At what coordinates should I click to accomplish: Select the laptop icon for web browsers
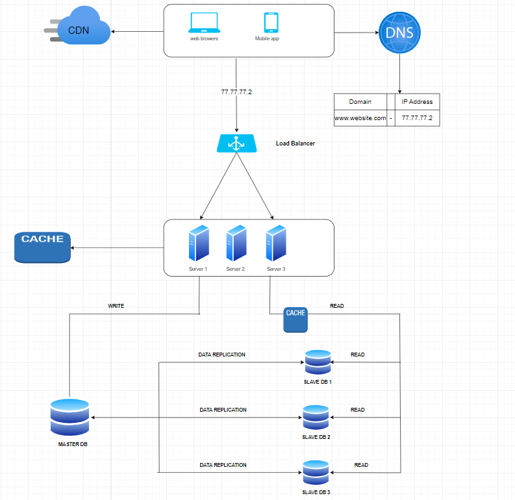click(204, 23)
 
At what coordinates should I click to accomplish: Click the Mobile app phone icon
click(271, 23)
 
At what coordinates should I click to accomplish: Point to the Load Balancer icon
click(236, 144)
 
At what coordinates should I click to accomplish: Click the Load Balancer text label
click(295, 144)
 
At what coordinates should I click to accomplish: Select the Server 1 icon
click(199, 243)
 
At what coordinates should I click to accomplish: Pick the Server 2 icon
click(236, 243)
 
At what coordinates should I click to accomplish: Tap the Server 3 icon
click(275, 243)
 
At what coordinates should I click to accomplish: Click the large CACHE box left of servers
click(42, 247)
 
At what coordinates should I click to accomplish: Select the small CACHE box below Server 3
click(295, 319)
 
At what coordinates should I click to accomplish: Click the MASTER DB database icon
click(69, 418)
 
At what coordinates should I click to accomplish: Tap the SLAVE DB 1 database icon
click(318, 362)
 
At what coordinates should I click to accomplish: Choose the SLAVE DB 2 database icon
click(316, 418)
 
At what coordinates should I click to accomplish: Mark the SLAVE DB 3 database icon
click(316, 473)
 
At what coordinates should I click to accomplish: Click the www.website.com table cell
click(360, 118)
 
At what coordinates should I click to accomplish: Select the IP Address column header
click(417, 102)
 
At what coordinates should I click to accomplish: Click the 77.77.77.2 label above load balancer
click(236, 92)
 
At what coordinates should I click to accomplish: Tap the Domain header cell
click(360, 102)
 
